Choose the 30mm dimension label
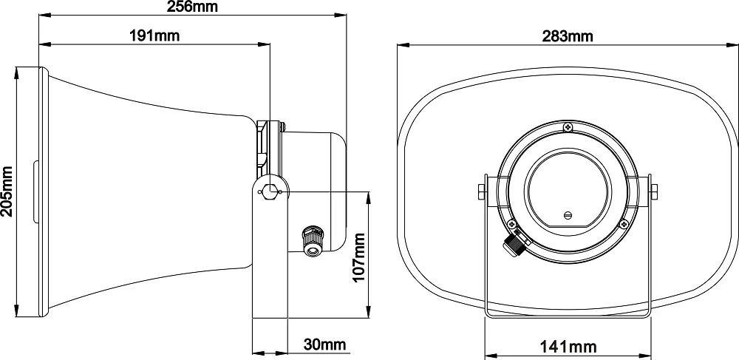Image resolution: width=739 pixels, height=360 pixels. click(x=324, y=344)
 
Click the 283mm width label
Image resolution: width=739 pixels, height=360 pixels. click(x=567, y=35)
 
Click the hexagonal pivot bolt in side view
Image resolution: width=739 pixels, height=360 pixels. click(x=271, y=191)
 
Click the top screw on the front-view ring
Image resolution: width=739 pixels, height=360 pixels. click(x=567, y=127)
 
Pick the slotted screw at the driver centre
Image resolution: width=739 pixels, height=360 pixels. click(x=568, y=215)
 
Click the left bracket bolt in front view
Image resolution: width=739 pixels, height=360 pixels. click(x=481, y=191)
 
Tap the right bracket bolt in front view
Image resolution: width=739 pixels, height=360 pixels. click(x=653, y=191)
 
